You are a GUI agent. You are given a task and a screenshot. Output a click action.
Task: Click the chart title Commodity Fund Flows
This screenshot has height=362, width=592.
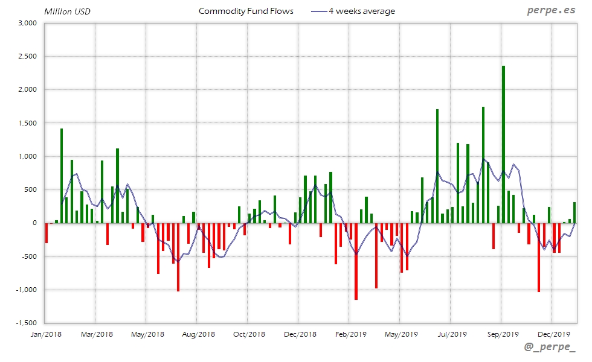tap(246, 11)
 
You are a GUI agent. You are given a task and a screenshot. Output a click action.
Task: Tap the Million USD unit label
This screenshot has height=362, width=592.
tap(68, 11)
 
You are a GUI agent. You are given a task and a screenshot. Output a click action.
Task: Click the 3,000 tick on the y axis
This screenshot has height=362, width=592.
tap(28, 23)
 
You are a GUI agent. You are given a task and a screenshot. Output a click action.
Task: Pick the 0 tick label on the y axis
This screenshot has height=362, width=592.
tap(35, 223)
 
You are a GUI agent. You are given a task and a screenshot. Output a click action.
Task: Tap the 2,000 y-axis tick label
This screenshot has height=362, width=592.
tap(28, 90)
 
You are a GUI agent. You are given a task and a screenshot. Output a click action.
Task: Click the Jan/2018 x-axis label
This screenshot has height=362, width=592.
tap(45, 334)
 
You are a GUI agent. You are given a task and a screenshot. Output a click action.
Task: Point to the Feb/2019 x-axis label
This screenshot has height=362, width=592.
tap(350, 334)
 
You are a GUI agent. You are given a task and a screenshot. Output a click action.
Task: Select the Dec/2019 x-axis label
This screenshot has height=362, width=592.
tap(553, 334)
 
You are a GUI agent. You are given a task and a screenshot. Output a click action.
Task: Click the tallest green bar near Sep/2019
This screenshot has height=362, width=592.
tap(503, 145)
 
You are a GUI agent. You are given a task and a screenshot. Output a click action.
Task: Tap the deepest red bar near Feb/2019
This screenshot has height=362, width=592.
tap(356, 261)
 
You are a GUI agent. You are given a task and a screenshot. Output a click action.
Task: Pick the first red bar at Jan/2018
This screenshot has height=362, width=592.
tap(46, 233)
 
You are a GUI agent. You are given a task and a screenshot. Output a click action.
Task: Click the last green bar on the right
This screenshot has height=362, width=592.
tap(574, 212)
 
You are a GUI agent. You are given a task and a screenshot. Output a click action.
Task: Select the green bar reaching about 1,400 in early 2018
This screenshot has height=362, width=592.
tap(61, 175)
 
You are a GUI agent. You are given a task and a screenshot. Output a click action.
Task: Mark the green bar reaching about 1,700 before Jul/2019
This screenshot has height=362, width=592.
tap(437, 166)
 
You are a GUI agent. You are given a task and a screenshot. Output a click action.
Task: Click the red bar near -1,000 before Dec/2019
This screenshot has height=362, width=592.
tap(539, 257)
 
